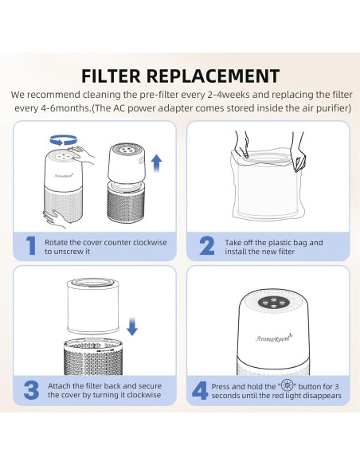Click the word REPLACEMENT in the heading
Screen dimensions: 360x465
tap(213, 76)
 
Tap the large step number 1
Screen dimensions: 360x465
tap(31, 246)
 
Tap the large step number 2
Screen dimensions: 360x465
tap(207, 246)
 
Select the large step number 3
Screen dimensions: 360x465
tap(31, 390)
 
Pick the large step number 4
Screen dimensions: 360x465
tap(200, 390)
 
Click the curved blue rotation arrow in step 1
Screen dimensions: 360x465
tap(64, 140)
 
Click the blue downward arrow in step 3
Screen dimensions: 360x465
tap(132, 326)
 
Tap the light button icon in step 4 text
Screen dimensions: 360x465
tap(287, 385)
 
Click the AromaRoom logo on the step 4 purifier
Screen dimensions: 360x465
tap(274, 338)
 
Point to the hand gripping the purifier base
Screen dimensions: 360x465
tap(57, 219)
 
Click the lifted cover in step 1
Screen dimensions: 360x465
tap(127, 162)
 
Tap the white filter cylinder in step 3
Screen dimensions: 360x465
tap(93, 306)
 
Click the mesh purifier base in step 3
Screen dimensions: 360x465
tap(93, 358)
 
